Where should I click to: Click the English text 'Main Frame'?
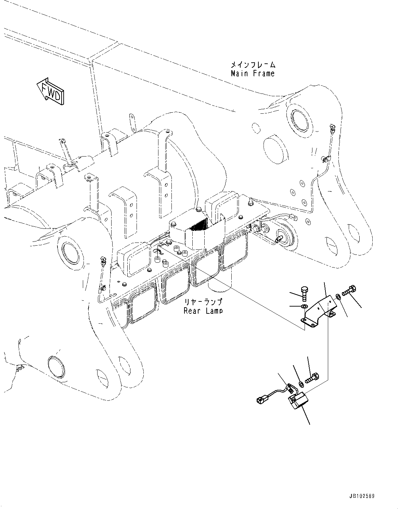253,73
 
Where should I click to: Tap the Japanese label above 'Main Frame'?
253,64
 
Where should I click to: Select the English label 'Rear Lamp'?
203,311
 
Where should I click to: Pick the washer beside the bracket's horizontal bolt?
338,296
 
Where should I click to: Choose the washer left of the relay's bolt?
301,384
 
